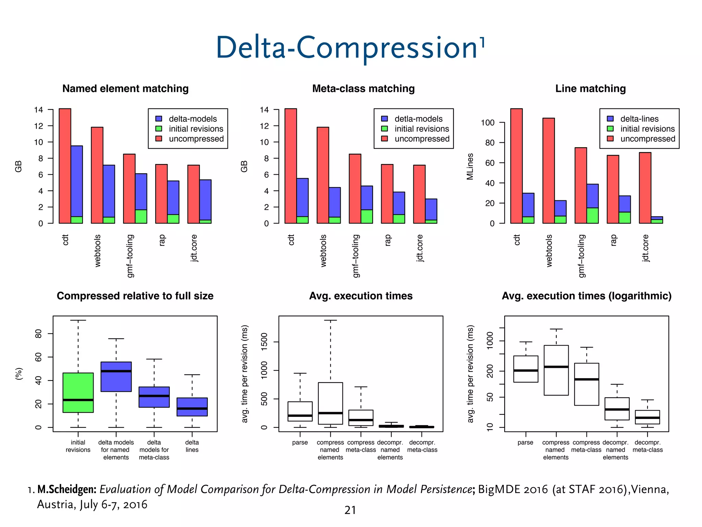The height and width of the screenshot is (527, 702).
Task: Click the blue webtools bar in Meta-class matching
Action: [335, 202]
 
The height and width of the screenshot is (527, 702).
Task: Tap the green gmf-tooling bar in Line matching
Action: [592, 215]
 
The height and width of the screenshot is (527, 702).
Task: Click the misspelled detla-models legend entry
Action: [418, 119]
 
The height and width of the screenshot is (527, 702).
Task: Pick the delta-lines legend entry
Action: [639, 119]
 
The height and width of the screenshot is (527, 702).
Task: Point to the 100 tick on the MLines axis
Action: [487, 123]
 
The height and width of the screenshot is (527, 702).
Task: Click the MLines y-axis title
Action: [470, 166]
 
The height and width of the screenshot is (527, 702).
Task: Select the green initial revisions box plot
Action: [78, 393]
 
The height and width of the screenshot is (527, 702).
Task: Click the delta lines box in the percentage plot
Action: [192, 407]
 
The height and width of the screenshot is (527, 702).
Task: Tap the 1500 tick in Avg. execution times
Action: [264, 342]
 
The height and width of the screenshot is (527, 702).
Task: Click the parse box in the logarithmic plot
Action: [525, 369]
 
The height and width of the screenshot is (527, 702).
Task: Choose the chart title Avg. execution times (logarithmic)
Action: [586, 296]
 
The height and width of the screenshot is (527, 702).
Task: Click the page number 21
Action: [350, 510]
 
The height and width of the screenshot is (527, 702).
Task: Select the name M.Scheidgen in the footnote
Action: [67, 489]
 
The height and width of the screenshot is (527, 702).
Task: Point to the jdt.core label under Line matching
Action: [645, 248]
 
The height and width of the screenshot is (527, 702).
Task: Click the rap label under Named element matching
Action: [162, 240]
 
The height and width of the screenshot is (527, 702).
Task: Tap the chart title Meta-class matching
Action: [363, 89]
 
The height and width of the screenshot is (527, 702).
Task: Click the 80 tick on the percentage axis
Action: [38, 334]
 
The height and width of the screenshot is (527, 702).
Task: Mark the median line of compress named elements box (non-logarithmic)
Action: [330, 413]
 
